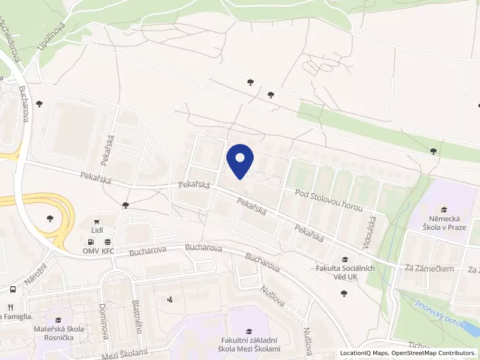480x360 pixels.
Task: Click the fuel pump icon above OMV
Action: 91,241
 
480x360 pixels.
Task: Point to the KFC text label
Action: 108,251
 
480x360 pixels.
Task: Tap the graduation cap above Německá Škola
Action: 444,210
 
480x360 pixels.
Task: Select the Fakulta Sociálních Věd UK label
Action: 345,272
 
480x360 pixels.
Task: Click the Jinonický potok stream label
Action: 439,314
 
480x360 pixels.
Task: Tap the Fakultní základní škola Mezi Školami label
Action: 249,345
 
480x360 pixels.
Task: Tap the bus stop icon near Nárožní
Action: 13,289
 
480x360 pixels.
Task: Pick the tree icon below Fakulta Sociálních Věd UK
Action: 343,293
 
